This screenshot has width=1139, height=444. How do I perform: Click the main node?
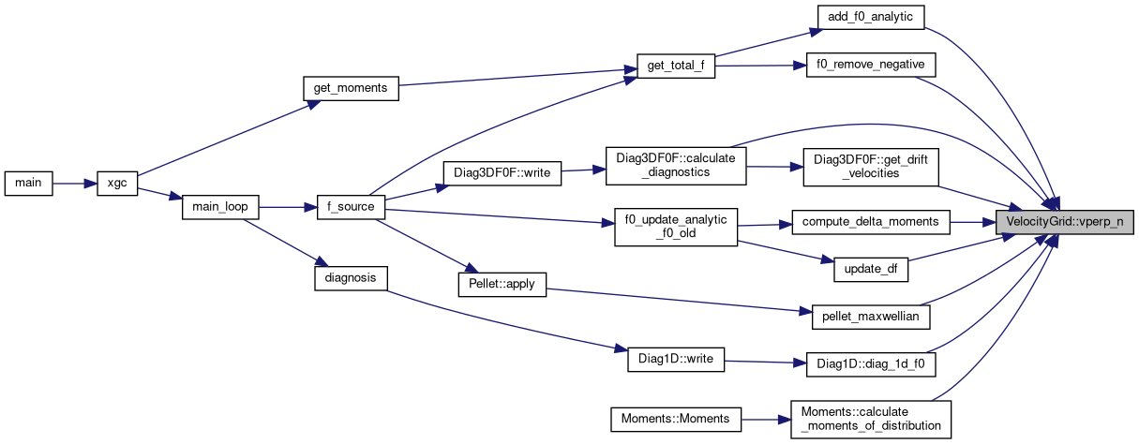coord(28,183)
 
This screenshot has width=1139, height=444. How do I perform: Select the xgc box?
coord(117,183)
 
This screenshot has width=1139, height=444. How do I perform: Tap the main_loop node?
coord(218,207)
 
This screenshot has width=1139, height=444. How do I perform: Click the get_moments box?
coord(351,88)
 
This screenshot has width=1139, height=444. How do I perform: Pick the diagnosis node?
coord(350,277)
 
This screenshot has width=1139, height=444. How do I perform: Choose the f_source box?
coord(351,207)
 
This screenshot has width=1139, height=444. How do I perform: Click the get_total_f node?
coord(675,66)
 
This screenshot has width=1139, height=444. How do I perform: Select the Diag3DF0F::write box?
coord(502,172)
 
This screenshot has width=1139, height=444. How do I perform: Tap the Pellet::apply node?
coord(502,284)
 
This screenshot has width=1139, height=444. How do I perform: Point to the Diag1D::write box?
coord(676,360)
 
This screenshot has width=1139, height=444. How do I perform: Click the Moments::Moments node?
coord(676,418)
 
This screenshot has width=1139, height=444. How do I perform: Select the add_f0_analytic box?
coord(871,17)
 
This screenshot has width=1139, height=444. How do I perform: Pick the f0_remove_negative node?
coord(871,66)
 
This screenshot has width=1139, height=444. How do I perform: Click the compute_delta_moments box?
coord(871,222)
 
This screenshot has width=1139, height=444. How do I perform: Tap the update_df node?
coord(871,270)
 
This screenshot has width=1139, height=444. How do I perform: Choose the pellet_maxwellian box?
coord(871,318)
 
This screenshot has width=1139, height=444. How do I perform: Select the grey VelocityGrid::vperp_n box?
coord(1065,222)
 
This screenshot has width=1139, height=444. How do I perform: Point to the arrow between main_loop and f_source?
coord(286,207)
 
